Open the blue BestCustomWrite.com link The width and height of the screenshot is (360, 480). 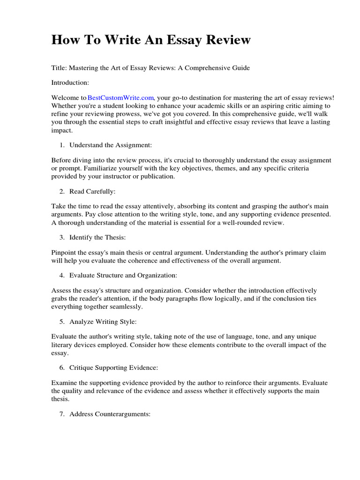[x=120, y=97]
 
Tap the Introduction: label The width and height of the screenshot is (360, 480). [x=70, y=82]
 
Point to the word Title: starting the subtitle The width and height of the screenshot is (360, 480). [x=59, y=68]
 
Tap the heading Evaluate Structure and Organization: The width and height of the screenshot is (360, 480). [x=123, y=275]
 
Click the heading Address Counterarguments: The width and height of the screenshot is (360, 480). [x=110, y=414]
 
